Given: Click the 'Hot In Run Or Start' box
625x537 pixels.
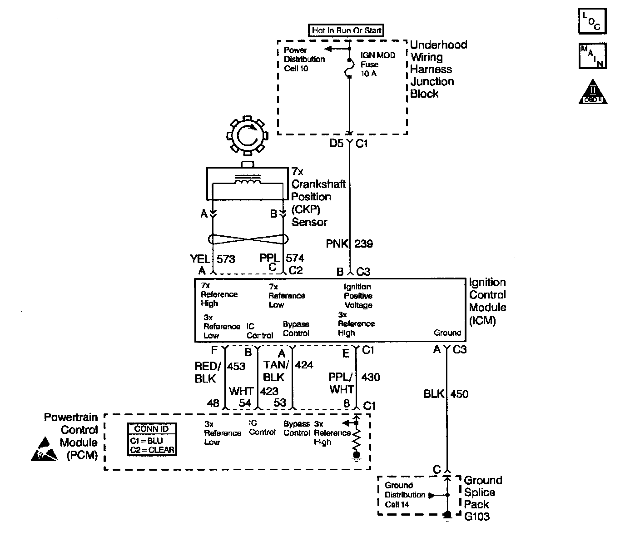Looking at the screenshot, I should tap(346, 30).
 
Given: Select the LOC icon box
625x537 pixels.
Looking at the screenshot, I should tap(592, 22).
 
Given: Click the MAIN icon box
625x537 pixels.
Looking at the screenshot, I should tap(592, 56).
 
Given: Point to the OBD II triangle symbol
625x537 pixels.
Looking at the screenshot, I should tap(593, 92).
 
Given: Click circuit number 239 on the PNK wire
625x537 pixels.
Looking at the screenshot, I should tap(363, 244).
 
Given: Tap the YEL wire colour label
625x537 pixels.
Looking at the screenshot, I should tap(200, 259).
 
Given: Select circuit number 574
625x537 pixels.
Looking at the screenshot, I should tap(295, 258).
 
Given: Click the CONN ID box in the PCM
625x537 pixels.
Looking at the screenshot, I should tap(152, 440).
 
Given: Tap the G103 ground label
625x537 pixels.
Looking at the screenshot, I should tap(476, 517).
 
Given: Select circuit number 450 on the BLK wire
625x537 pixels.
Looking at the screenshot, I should tap(459, 394).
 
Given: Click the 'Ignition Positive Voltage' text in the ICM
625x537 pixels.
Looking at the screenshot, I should tap(358, 296).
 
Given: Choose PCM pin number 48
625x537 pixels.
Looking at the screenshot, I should tap(213, 403).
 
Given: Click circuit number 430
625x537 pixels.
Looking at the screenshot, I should tap(371, 377).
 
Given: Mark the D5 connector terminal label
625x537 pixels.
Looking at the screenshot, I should tap(336, 144).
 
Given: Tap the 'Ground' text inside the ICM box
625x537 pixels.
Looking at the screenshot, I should tap(447, 333).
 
